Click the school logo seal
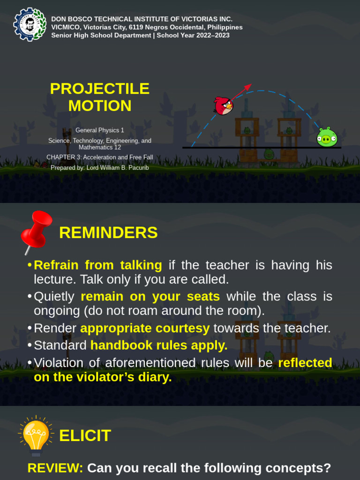pyautogui.click(x=30, y=24)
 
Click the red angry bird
pyautogui.click(x=223, y=106)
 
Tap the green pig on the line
pyautogui.click(x=327, y=137)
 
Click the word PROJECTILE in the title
pyautogui.click(x=99, y=88)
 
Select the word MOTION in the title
pyautogui.click(x=99, y=106)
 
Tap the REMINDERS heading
pyautogui.click(x=108, y=232)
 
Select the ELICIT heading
pyautogui.click(x=85, y=435)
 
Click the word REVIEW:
pyautogui.click(x=55, y=468)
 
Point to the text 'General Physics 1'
pyautogui.click(x=100, y=130)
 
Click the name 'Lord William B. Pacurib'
pyautogui.click(x=118, y=167)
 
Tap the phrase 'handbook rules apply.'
pyautogui.click(x=159, y=345)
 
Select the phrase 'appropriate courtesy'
pyautogui.click(x=145, y=328)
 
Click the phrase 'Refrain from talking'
pyautogui.click(x=98, y=265)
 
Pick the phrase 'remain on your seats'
pyautogui.click(x=150, y=297)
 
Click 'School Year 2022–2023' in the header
pyautogui.click(x=193, y=35)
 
